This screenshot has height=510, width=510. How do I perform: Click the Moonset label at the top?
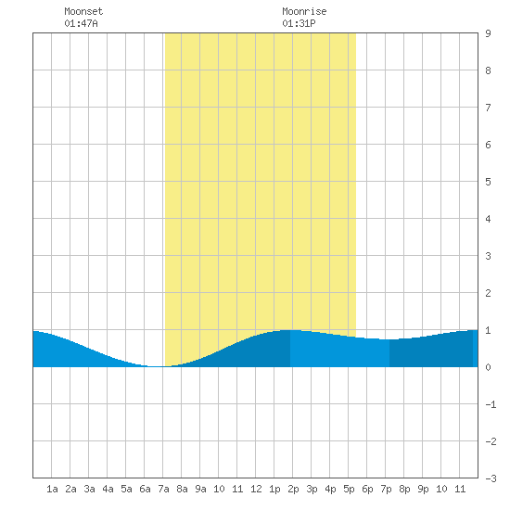tap(83, 11)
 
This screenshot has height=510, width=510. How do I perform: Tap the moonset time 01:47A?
tap(81, 23)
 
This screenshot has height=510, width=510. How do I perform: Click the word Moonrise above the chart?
tap(304, 11)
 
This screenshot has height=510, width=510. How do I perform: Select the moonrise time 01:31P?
tap(299, 23)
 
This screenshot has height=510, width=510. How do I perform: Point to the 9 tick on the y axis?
tap(488, 33)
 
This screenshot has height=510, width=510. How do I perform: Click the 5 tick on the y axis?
tap(488, 182)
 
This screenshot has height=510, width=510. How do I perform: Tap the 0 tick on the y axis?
tap(488, 367)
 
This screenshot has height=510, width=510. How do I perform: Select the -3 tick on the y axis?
tap(491, 478)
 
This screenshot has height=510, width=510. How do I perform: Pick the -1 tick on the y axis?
tap(491, 404)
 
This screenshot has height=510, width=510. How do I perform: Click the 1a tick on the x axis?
tap(52, 489)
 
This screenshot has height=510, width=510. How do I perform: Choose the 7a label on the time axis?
tap(163, 489)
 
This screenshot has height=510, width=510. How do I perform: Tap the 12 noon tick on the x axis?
tap(256, 489)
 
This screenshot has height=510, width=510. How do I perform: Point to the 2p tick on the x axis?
tap(293, 489)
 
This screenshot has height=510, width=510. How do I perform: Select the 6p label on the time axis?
tap(367, 489)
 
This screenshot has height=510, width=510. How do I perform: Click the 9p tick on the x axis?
tap(423, 489)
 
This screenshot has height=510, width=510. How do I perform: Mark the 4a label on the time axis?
tap(108, 489)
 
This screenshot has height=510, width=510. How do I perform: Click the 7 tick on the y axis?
tap(488, 108)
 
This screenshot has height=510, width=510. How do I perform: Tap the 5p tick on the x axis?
tap(349, 489)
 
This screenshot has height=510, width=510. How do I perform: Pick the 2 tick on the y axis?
tap(488, 293)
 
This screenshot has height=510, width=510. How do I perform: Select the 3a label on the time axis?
tap(89, 489)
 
